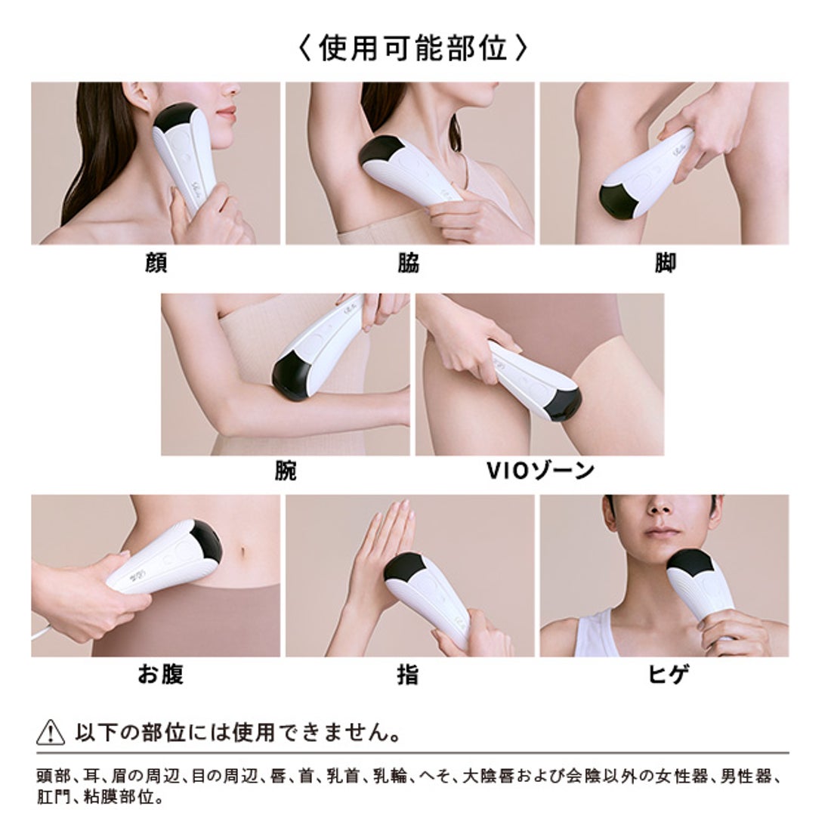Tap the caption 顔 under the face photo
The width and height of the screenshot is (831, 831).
point(155,263)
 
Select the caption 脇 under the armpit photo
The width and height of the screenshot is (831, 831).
point(408,263)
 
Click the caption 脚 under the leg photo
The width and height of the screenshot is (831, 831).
point(665,263)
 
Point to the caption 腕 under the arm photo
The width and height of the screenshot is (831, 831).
point(286,471)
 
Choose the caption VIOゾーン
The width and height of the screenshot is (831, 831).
point(539,471)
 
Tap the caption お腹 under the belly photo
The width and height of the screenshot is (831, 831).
point(160,674)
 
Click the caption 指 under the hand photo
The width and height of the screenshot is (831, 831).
point(408,674)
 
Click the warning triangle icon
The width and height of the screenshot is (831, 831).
point(51,733)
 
